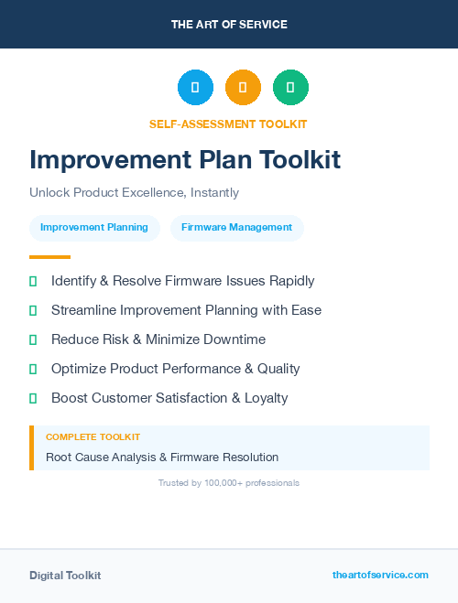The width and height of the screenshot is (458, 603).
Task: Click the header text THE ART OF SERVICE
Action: (229, 25)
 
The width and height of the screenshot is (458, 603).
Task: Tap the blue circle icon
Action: (195, 88)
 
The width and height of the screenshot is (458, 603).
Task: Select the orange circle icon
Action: (243, 88)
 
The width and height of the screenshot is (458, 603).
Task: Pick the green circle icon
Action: (290, 88)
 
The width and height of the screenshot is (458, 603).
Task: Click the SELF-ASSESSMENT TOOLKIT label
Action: (228, 124)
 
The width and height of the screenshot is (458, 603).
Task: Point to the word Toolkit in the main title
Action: (298, 159)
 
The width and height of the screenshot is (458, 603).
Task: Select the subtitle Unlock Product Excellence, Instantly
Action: (134, 193)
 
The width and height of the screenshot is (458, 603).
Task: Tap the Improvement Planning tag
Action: (94, 227)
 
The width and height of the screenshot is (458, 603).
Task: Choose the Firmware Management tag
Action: (236, 227)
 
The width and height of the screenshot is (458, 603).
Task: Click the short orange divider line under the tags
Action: (49, 257)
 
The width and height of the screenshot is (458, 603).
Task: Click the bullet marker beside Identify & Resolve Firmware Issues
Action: (33, 281)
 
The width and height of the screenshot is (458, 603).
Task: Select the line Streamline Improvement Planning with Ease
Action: (186, 310)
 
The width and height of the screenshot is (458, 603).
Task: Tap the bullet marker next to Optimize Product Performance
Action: (33, 369)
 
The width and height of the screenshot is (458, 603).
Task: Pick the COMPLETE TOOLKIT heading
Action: (93, 437)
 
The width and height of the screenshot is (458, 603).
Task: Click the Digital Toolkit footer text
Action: (65, 575)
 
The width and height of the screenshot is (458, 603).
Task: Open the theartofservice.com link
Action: (380, 575)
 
